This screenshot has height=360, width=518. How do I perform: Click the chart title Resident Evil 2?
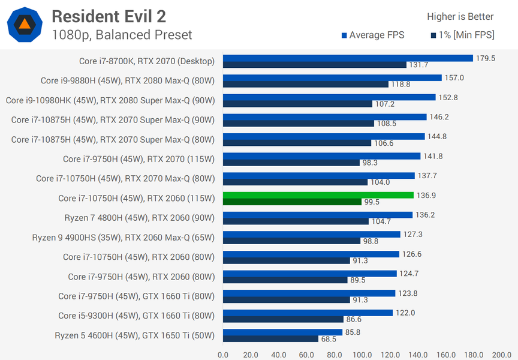click(x=109, y=16)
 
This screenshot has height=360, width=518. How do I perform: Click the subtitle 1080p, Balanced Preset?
click(x=122, y=35)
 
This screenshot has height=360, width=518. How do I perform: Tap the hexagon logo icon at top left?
click(x=25, y=25)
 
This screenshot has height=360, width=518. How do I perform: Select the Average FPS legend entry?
click(x=373, y=35)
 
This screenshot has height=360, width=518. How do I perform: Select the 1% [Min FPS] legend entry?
click(x=462, y=35)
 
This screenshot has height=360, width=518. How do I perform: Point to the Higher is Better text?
click(x=460, y=17)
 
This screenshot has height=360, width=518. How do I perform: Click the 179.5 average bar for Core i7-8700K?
click(x=348, y=58)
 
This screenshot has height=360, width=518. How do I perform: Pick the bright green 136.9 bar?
click(x=318, y=195)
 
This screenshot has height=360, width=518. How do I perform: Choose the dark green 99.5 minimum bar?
click(x=292, y=202)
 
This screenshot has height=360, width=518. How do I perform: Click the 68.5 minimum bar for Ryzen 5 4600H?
click(x=270, y=339)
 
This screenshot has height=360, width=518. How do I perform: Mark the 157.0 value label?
click(x=454, y=77)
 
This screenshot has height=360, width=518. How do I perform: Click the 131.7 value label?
click(x=418, y=65)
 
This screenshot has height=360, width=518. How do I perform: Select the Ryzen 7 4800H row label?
click(x=139, y=218)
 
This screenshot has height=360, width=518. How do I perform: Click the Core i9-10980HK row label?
click(x=110, y=100)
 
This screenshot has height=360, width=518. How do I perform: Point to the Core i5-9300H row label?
click(x=136, y=316)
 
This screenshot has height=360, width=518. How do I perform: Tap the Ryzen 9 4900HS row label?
click(x=123, y=238)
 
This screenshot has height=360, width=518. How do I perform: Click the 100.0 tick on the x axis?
click(x=362, y=354)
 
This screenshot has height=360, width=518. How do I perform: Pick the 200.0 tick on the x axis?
click(x=501, y=354)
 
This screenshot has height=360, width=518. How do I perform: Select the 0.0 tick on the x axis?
click(x=223, y=354)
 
